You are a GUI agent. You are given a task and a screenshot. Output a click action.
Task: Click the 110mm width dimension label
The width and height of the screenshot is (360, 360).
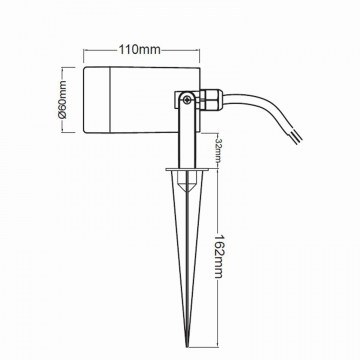(140, 50)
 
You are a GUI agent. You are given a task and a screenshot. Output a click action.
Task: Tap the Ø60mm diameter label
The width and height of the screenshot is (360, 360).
(63, 100)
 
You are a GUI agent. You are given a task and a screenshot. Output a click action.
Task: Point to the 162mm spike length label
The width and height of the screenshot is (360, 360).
(218, 256)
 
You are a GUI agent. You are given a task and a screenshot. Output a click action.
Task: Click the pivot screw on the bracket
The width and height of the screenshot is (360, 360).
(188, 99)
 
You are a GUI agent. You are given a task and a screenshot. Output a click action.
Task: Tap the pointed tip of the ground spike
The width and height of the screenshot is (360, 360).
(188, 345)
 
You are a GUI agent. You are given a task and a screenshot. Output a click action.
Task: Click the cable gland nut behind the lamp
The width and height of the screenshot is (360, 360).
(211, 100)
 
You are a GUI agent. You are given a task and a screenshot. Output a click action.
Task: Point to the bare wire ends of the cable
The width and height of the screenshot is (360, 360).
(296, 136)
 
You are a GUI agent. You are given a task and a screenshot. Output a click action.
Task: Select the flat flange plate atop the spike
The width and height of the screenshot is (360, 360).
(187, 170)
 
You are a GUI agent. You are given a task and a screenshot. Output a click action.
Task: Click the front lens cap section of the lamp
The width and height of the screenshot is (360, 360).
(97, 100)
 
